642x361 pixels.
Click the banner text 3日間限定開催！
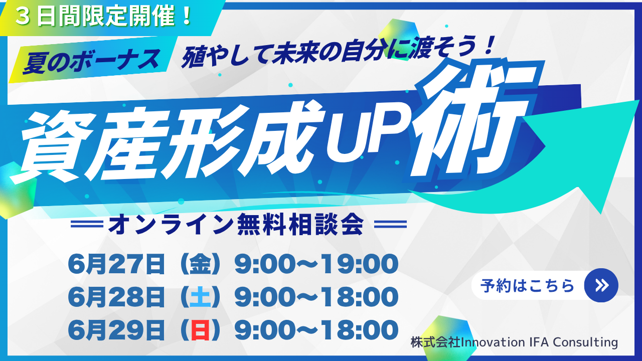coord(103,17)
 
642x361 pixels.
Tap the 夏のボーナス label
coord(91,61)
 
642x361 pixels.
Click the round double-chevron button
coord(601,285)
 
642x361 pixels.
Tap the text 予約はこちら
coord(527,286)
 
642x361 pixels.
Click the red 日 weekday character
coord(200,330)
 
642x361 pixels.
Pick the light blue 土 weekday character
coord(200,297)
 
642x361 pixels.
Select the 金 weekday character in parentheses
coord(200,264)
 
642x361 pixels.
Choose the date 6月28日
coord(116,297)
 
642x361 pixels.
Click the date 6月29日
coord(116,330)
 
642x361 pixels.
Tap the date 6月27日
coord(116,264)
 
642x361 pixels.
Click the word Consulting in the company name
coord(585,342)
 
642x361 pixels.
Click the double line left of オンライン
coord(87,224)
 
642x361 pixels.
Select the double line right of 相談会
coord(390,224)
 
